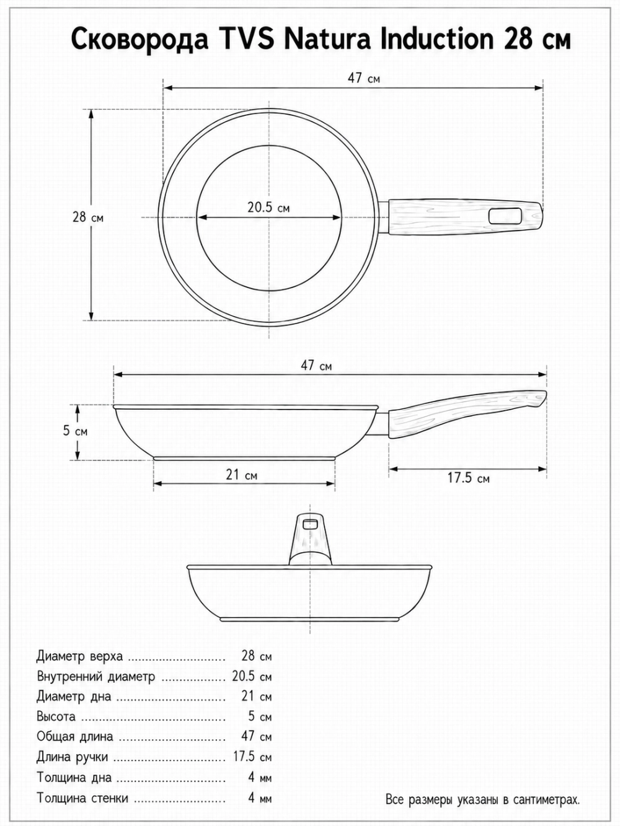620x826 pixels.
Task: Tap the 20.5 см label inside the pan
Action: (268, 208)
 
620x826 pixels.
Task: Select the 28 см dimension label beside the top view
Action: (87, 217)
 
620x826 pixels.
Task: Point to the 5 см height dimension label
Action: (75, 431)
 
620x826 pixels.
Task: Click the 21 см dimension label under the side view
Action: (241, 475)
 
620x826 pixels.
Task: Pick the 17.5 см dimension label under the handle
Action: (468, 478)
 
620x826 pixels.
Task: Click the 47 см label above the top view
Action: (364, 78)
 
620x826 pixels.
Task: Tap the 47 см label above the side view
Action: (316, 366)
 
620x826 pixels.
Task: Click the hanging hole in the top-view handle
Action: (505, 217)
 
